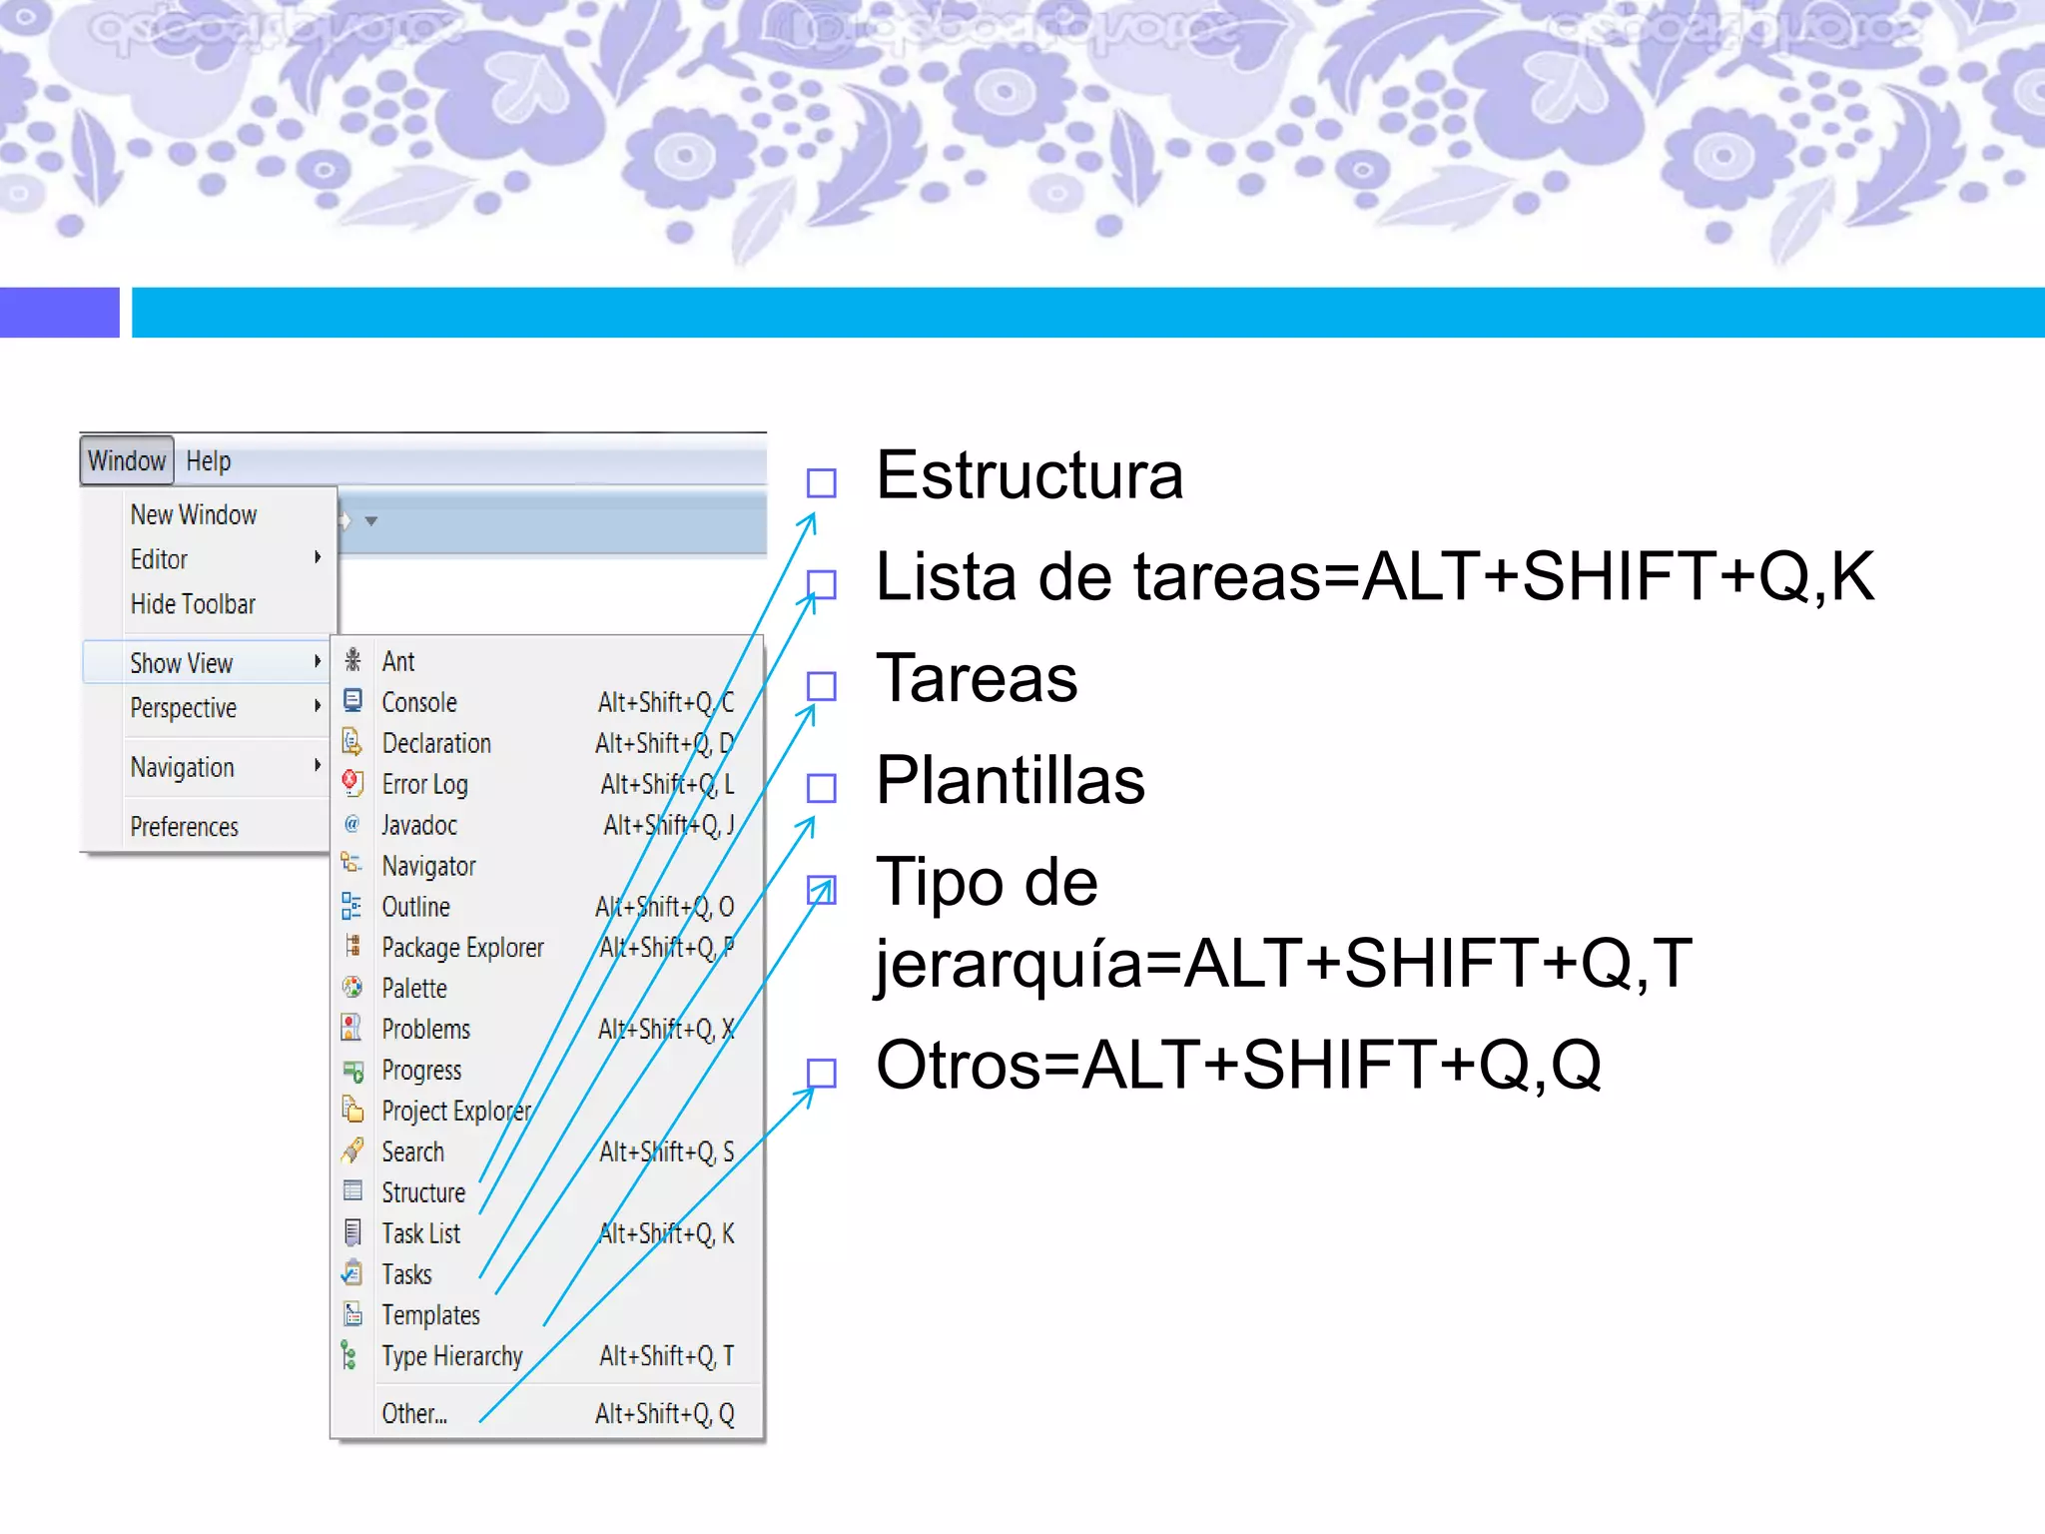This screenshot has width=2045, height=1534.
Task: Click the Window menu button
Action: [127, 460]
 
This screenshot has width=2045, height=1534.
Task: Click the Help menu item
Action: [208, 460]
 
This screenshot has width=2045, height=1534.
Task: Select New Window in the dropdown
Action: [194, 514]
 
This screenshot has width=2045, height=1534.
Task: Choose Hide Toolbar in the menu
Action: [193, 604]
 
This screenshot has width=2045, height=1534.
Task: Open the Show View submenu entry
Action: [182, 663]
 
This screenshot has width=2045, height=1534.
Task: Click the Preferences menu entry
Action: [185, 827]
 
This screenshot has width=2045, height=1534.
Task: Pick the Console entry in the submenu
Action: [419, 703]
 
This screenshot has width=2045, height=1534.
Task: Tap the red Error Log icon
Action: [351, 783]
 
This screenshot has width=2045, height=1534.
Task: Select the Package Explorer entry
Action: [462, 948]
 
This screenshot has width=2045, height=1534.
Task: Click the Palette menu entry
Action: [414, 989]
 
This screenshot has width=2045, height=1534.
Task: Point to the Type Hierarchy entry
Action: [452, 1356]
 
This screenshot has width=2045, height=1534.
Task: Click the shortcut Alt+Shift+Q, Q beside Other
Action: [664, 1414]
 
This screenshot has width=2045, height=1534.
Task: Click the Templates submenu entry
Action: [430, 1315]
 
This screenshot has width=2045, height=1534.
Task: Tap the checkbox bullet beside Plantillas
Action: [821, 788]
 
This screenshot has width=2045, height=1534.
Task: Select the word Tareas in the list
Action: [977, 678]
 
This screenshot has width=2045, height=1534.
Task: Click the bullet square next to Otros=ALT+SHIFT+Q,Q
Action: [821, 1074]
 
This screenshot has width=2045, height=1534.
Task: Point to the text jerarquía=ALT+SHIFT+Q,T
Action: [1283, 964]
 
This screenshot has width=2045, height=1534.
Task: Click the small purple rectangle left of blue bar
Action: [59, 313]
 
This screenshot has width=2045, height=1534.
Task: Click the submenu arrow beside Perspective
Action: [318, 706]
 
